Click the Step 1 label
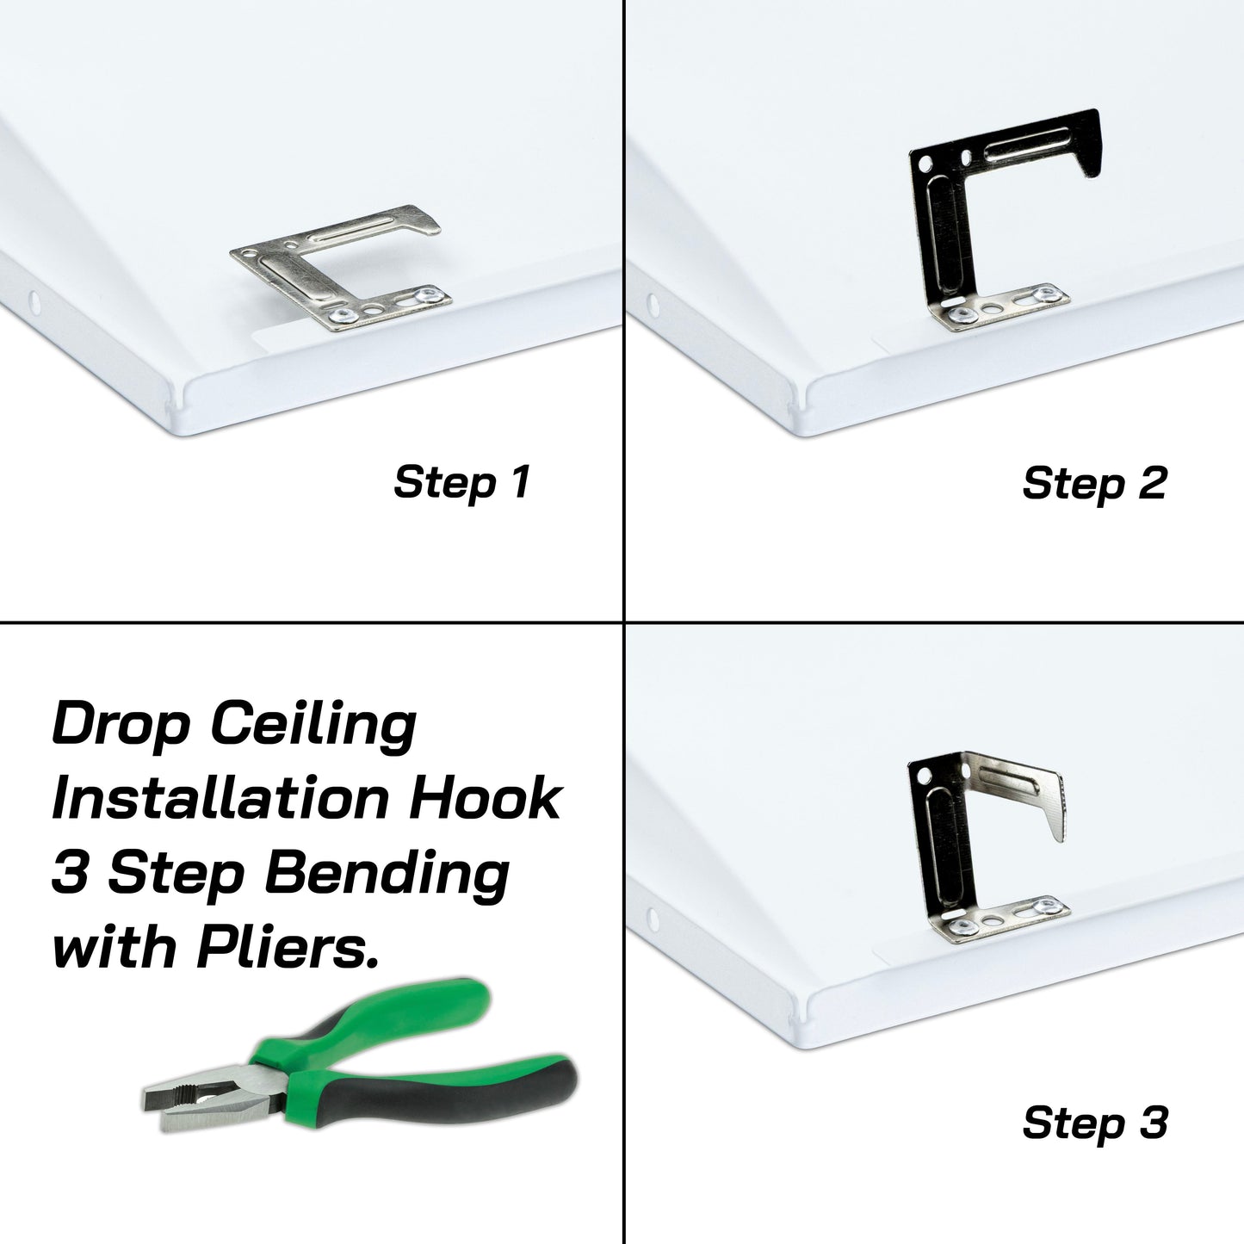461,482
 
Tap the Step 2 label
1093,483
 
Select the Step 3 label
1094,1123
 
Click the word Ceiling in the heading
313,726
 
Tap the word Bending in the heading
387,873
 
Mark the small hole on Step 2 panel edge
652,304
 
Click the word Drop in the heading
121,726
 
